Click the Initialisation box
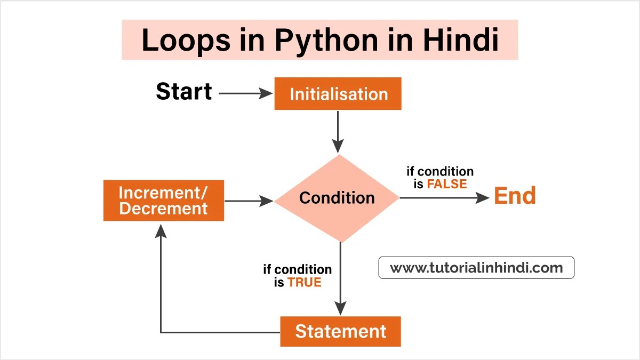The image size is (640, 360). pos(338,94)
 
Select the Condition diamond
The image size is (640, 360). pos(337,198)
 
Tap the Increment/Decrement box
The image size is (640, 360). pos(163,201)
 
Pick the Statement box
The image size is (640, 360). pos(340,331)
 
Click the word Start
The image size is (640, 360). pos(183,91)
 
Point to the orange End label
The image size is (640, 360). pos(514,196)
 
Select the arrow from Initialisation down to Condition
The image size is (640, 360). pos(338,131)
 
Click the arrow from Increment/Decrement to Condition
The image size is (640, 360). pos(249,201)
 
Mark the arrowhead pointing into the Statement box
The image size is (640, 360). pos(340,308)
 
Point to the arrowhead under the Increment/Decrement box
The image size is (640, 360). pos(161,230)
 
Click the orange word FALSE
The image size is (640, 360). pos(446,184)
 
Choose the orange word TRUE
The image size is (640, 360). pos(305,282)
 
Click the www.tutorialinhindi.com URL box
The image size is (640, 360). pos(476,268)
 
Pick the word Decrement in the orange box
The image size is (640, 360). pos(163,209)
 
